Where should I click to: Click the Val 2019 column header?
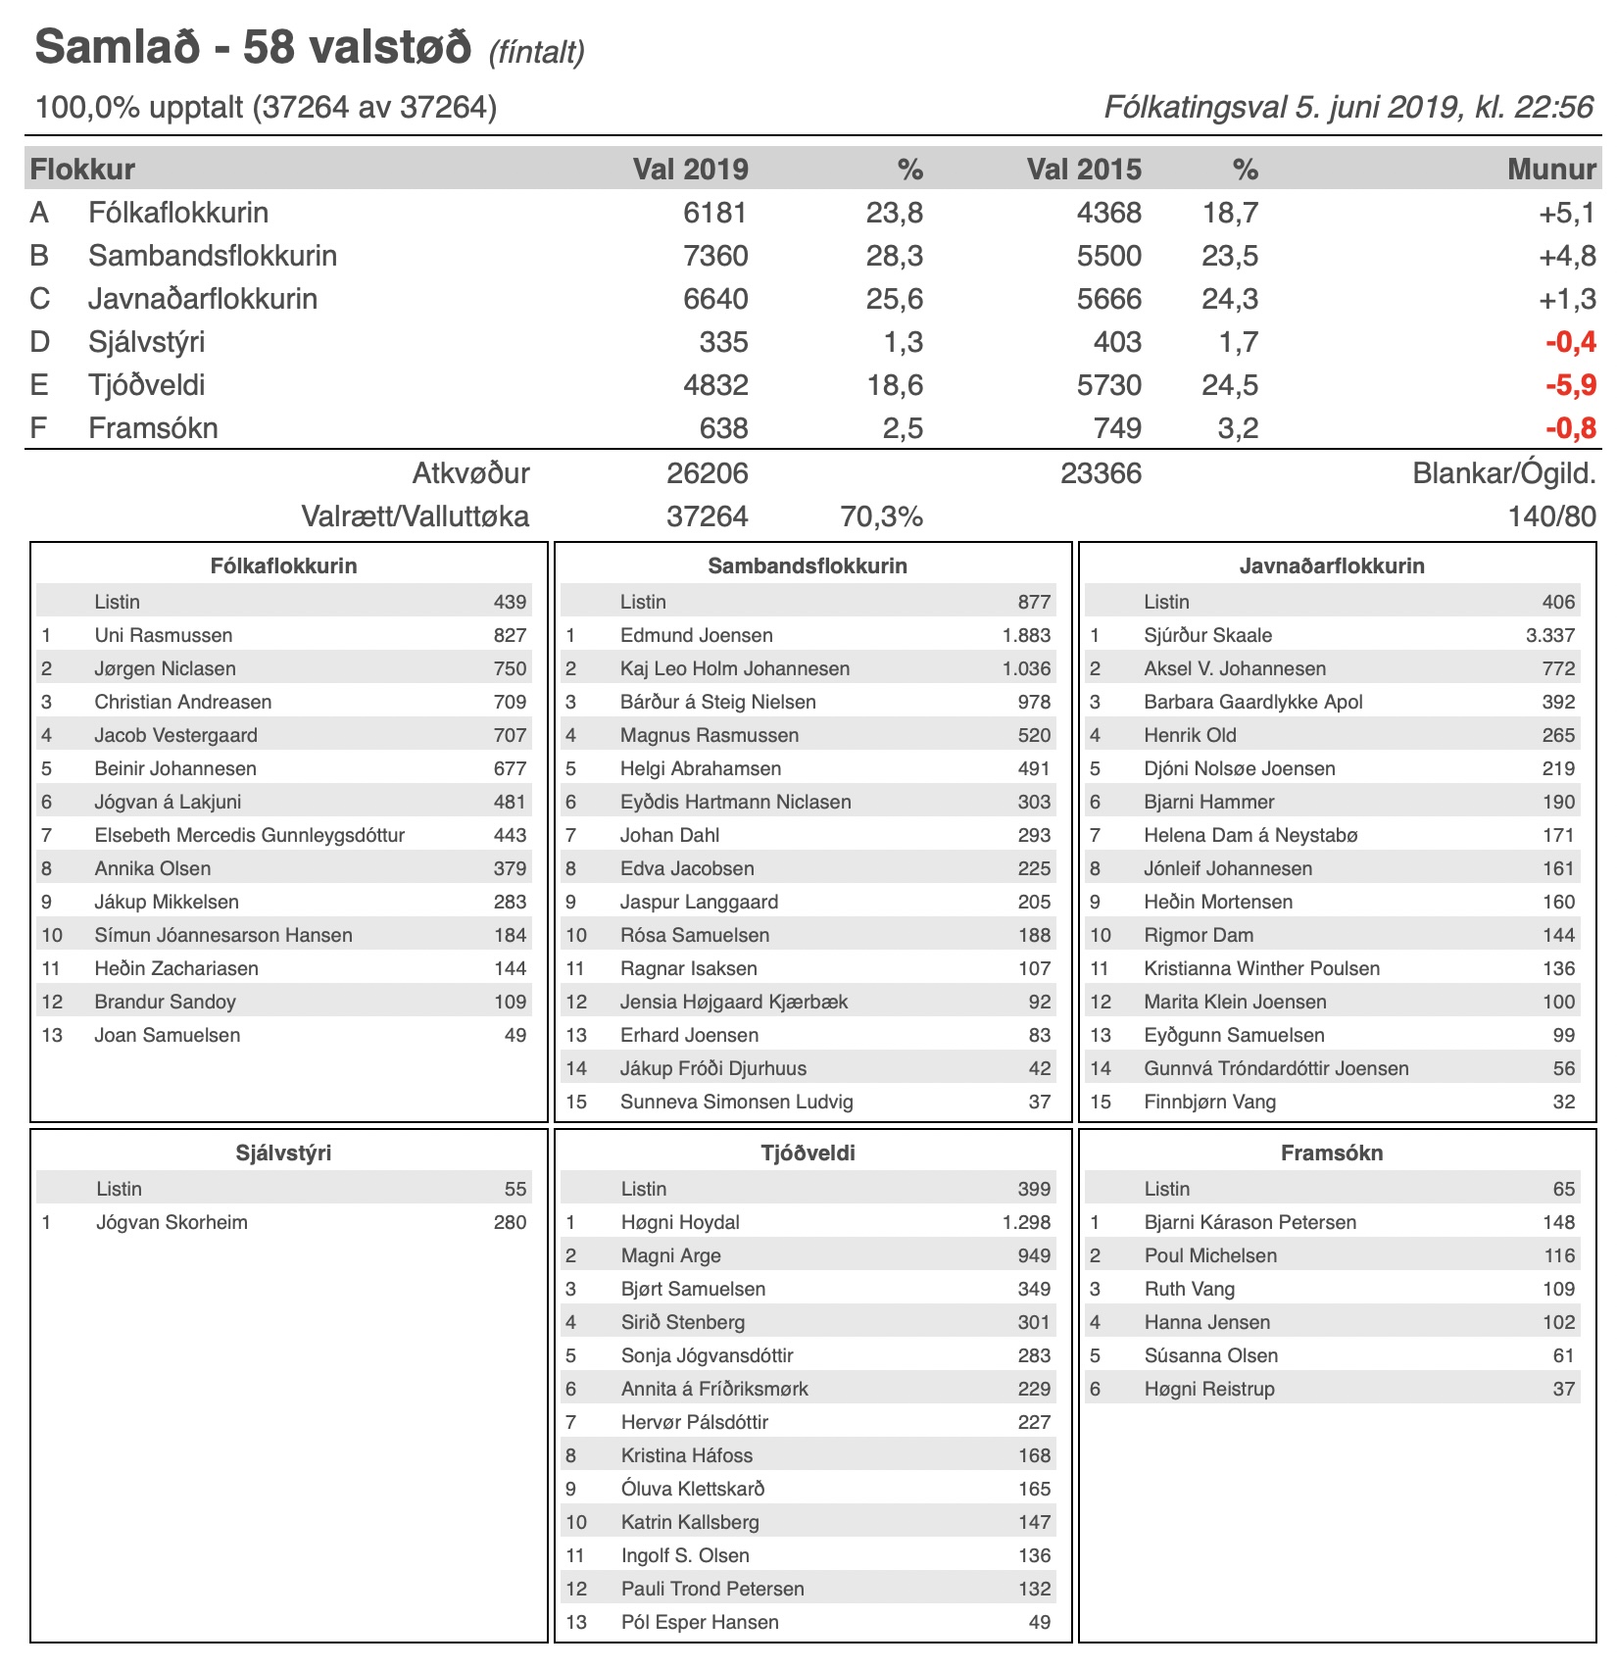point(690,170)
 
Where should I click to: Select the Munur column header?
point(1551,170)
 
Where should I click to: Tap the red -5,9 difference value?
point(1570,385)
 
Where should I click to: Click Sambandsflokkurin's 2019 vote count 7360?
point(715,256)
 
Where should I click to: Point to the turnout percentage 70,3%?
point(881,516)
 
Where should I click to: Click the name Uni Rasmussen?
point(164,635)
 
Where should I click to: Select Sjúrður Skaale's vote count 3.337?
point(1549,635)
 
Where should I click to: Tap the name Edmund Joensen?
point(696,635)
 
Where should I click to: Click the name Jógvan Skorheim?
point(171,1222)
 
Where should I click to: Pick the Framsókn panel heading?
point(1332,1153)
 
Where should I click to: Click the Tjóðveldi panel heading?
point(808,1153)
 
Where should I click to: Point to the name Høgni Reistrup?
point(1209,1389)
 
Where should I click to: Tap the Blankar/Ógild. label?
point(1503,473)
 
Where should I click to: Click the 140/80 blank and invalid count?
point(1551,516)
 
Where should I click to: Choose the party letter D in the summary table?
point(40,342)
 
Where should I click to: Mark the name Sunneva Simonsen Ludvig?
point(736,1102)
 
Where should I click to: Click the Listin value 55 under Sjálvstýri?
point(515,1189)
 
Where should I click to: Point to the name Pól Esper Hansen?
point(700,1622)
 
